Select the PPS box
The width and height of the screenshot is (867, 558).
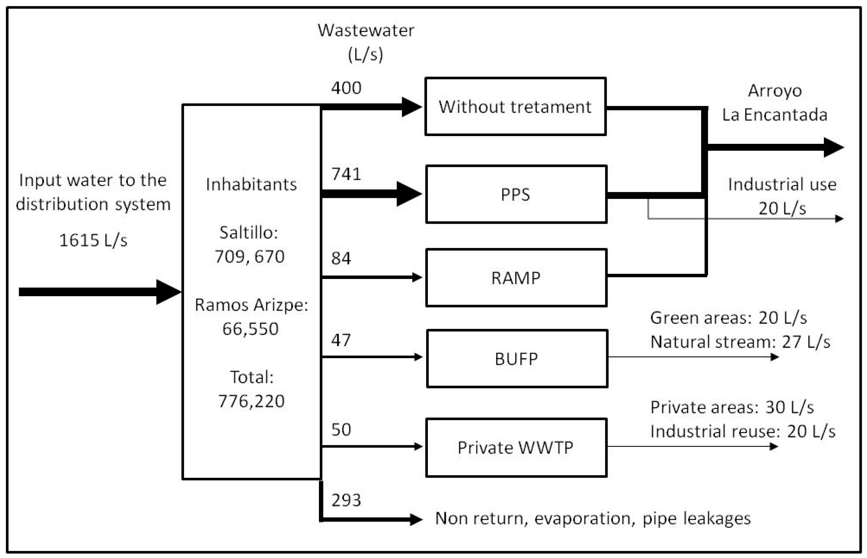coord(516,194)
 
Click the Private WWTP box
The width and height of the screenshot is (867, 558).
coord(516,447)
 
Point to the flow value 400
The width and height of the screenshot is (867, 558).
coord(346,88)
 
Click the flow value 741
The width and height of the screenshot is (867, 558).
coord(346,174)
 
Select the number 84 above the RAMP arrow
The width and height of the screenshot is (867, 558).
coord(341,258)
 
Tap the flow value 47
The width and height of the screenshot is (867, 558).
coord(341,340)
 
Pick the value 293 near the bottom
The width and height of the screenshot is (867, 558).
coord(346,501)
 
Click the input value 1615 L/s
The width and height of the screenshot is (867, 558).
coord(93,240)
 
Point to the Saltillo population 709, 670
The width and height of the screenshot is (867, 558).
coord(250,257)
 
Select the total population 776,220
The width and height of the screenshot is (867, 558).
coord(251,401)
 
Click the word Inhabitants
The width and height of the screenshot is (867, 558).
coord(251,185)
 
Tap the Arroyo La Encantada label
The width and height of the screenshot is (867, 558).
coord(775,103)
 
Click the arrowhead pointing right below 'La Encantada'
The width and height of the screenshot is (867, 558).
coord(833,147)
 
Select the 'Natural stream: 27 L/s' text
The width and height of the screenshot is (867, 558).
coord(740,342)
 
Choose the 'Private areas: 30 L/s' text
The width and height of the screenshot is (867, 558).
coord(732,407)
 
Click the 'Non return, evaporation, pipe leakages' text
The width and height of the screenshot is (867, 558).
coord(593,519)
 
